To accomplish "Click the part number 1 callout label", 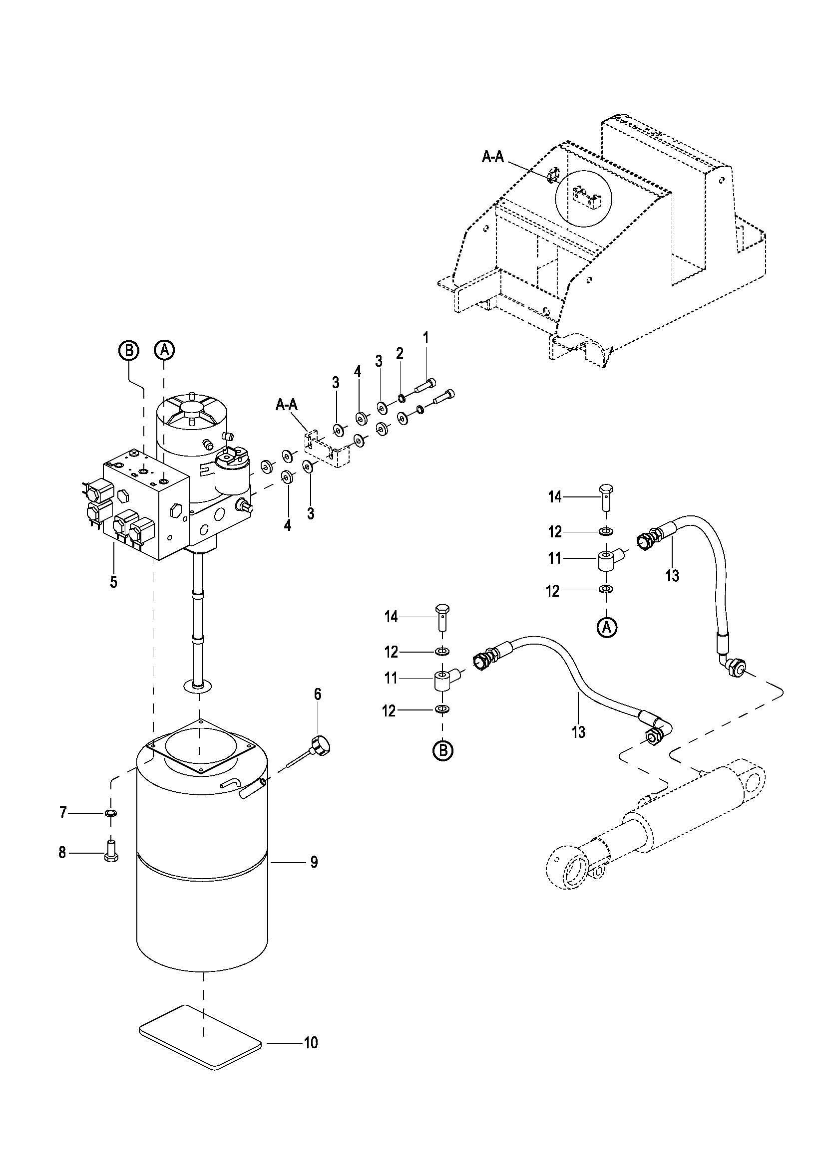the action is click(x=425, y=337).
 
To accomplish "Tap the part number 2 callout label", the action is click(x=400, y=353).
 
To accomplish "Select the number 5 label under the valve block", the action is click(x=113, y=581).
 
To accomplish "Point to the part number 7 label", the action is click(x=63, y=813).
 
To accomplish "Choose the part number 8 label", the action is click(x=62, y=852).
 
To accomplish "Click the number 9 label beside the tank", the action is click(x=314, y=862).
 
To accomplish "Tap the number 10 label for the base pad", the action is click(x=311, y=1043).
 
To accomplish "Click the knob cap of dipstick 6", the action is click(x=321, y=746).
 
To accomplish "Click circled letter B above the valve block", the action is click(x=128, y=350).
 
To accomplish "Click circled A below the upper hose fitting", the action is click(x=606, y=628).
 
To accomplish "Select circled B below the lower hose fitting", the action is click(x=442, y=750).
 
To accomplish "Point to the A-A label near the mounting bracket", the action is click(x=287, y=404).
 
